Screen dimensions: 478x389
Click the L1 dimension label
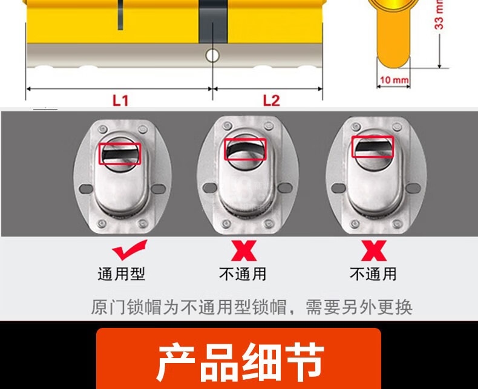click(121, 100)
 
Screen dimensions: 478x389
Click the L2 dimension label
click(271, 100)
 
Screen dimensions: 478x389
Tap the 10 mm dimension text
click(394, 80)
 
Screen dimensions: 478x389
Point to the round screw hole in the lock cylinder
click(212, 56)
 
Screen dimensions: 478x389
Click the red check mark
click(129, 250)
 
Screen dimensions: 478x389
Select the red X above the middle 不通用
click(244, 250)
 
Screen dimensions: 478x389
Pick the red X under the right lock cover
click(374, 250)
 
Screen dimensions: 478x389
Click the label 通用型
click(122, 274)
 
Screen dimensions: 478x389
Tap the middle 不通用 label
click(243, 274)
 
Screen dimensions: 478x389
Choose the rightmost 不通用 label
click(373, 274)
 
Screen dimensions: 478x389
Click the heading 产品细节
click(240, 362)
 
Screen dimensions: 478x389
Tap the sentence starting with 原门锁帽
click(252, 307)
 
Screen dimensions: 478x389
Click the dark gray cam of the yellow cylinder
click(214, 21)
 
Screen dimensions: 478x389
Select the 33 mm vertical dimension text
click(439, 15)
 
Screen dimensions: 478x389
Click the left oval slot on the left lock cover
click(86, 189)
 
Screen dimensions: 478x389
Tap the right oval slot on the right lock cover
click(413, 188)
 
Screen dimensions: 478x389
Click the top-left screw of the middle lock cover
click(226, 126)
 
